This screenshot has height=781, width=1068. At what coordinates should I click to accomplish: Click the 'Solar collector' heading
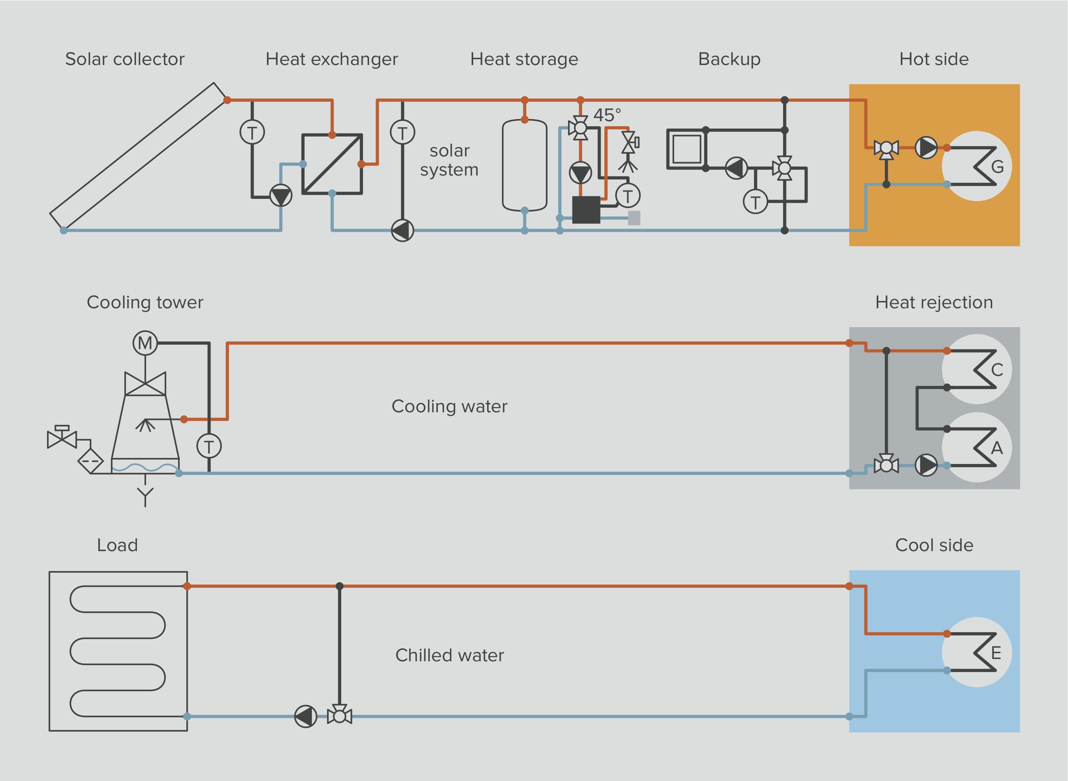(x=125, y=59)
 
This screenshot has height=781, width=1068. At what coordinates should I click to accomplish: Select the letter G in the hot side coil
(x=997, y=166)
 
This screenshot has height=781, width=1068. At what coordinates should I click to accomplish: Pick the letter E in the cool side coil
(x=996, y=653)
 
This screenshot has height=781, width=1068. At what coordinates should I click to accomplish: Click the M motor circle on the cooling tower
(x=145, y=343)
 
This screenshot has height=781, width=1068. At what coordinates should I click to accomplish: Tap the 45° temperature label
(x=607, y=115)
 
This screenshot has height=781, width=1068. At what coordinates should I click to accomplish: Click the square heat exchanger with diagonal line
(x=332, y=164)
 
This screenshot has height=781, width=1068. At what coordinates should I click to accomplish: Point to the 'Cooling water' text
(x=449, y=406)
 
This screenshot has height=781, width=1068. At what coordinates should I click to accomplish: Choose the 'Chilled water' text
(x=449, y=655)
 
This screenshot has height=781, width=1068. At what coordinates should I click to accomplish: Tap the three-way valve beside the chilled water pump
(x=339, y=716)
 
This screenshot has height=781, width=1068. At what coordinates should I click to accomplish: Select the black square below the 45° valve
(x=586, y=210)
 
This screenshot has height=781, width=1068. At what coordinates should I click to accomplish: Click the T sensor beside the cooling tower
(x=209, y=446)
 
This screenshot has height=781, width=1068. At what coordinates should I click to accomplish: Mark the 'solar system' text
(x=449, y=160)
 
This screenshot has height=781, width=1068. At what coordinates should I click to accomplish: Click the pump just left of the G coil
(x=926, y=148)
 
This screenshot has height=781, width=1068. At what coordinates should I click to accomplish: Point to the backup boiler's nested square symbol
(x=687, y=149)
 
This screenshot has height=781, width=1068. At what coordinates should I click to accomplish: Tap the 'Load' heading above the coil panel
(x=117, y=545)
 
